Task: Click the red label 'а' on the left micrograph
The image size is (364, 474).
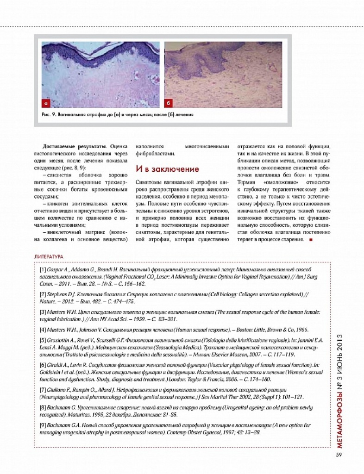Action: (46, 102)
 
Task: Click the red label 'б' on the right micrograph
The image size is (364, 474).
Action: (170, 102)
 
